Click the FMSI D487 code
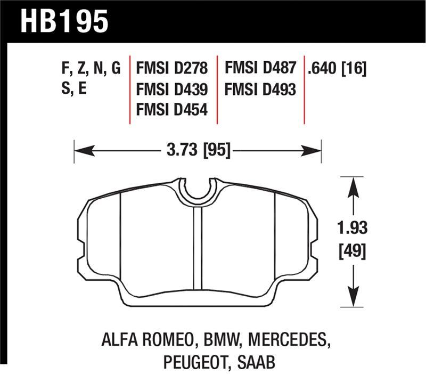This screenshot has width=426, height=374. [260, 69]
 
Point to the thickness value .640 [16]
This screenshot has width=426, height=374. [337, 69]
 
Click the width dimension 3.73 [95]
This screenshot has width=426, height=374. [198, 151]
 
